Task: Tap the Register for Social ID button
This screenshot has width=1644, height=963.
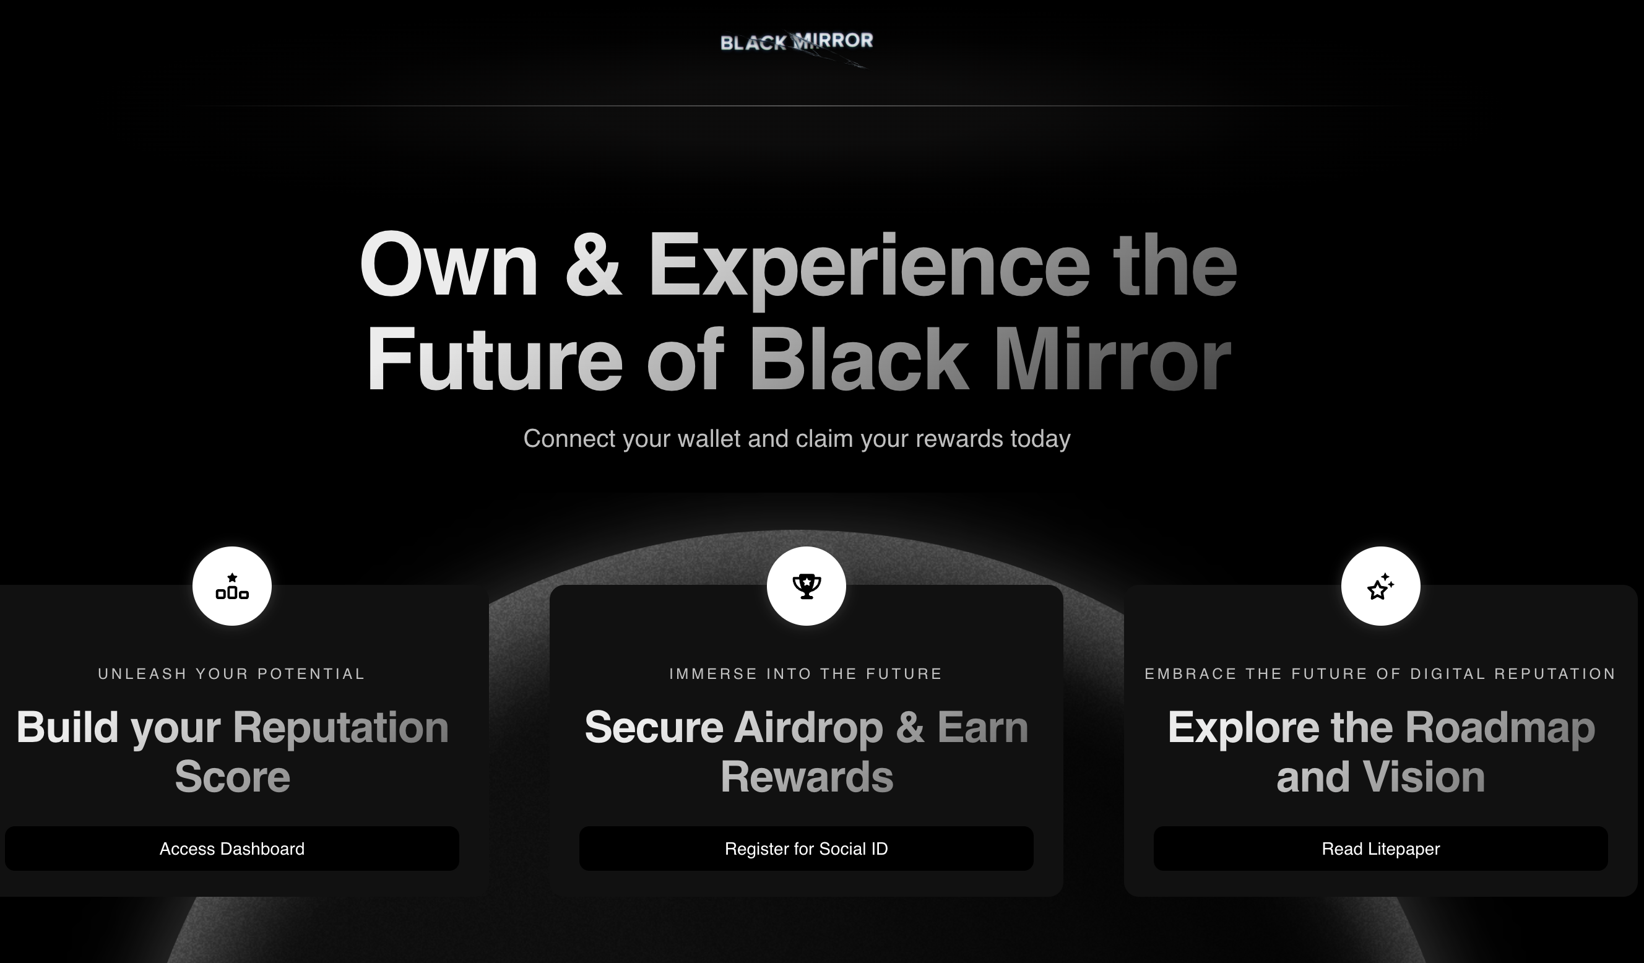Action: pos(806,848)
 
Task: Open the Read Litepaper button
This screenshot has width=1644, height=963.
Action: pos(1380,848)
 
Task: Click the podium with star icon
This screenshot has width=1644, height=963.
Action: pos(232,586)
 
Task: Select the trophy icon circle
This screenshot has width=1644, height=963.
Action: pos(807,586)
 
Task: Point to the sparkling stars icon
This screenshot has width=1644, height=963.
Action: pos(1380,586)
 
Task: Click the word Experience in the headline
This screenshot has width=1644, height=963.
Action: pos(868,269)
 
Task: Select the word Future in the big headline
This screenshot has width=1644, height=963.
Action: pos(495,360)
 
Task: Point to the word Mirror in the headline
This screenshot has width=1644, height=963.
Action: pos(1112,360)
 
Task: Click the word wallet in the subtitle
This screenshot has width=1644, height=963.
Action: pos(709,438)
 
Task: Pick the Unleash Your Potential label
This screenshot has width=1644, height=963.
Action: pos(231,674)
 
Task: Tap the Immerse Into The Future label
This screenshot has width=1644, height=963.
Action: pos(806,674)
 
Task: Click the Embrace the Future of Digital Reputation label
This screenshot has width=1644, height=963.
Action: pos(1380,674)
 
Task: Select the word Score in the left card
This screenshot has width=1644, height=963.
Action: pos(232,776)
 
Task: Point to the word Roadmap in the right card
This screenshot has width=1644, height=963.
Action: pos(1500,728)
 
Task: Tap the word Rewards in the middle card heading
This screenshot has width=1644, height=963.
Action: pos(807,776)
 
